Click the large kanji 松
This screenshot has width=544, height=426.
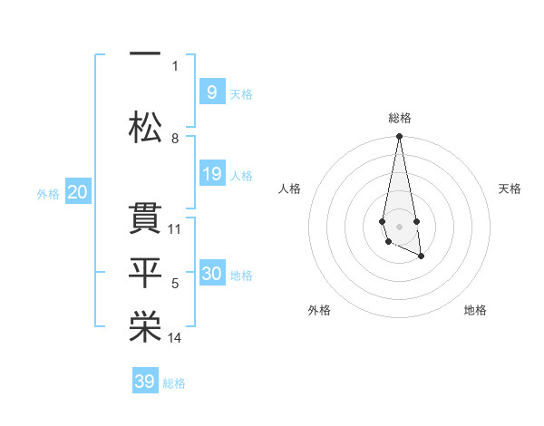[x=145, y=127]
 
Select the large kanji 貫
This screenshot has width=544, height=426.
[x=145, y=218]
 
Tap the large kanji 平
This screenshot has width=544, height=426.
[x=145, y=273]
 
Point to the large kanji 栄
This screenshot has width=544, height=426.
[x=145, y=326]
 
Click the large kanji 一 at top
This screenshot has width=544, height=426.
[x=145, y=53]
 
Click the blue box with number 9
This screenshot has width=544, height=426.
[x=212, y=92]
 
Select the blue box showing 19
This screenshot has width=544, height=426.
[x=212, y=173]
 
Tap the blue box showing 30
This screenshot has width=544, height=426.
[x=212, y=272]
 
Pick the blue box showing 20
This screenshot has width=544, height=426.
[x=78, y=191]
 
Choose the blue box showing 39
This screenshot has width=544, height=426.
[x=145, y=380]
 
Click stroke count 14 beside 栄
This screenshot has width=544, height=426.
[x=174, y=338]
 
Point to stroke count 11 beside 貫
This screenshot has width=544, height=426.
[x=174, y=229]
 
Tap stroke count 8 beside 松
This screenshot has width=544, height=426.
[x=175, y=139]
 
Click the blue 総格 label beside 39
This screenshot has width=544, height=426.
[x=174, y=383]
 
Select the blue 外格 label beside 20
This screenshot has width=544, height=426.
[x=48, y=194]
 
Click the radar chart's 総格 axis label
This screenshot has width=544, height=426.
[x=400, y=118]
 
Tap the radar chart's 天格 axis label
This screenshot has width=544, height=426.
[x=510, y=189]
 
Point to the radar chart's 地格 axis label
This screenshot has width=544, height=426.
[x=475, y=310]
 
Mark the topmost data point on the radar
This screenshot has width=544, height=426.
[x=399, y=136]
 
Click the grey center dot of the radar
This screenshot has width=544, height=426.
[x=399, y=227]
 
